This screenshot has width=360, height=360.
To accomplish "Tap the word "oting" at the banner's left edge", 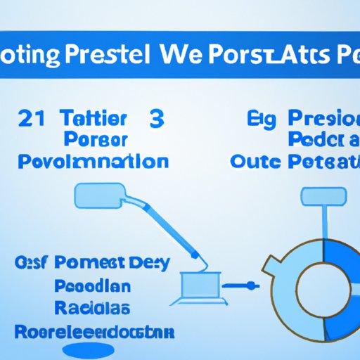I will [33, 56].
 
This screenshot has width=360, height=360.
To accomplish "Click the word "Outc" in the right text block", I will [257, 161].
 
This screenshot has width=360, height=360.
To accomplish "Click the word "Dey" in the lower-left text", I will [152, 264].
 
